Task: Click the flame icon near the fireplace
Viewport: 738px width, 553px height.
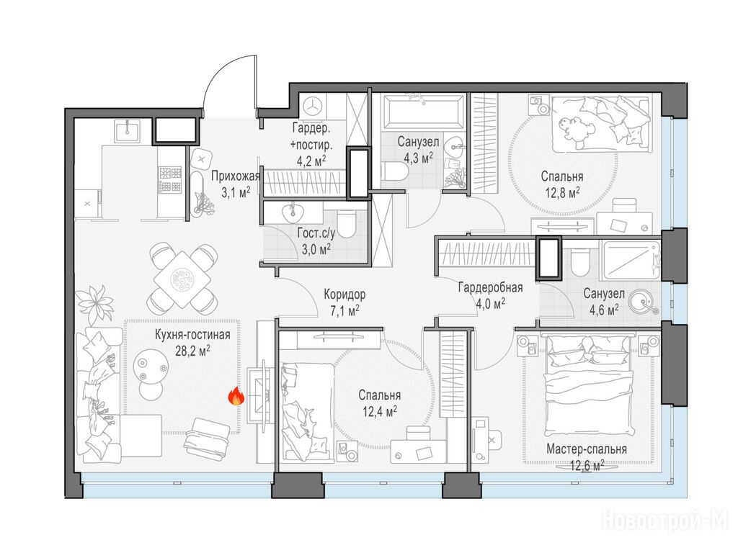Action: pos(236,397)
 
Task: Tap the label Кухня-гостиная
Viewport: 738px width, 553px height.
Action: pos(192,335)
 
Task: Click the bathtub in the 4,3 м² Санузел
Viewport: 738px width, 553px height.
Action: pos(422,112)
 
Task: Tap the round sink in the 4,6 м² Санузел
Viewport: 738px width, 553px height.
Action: pos(644,302)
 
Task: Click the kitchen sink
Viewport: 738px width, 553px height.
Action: pos(128,131)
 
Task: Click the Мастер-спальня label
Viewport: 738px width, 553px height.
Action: pos(587,449)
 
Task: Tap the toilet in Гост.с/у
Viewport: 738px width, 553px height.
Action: pos(348,223)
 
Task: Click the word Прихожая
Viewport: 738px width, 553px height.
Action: pos(236,176)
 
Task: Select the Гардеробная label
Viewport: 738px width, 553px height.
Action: pos(490,287)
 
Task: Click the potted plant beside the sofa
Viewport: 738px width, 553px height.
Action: pos(96,303)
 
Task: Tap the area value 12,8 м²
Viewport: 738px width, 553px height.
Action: pos(562,193)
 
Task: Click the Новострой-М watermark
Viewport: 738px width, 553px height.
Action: pos(665,521)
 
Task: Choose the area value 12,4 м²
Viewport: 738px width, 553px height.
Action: pos(379,412)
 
